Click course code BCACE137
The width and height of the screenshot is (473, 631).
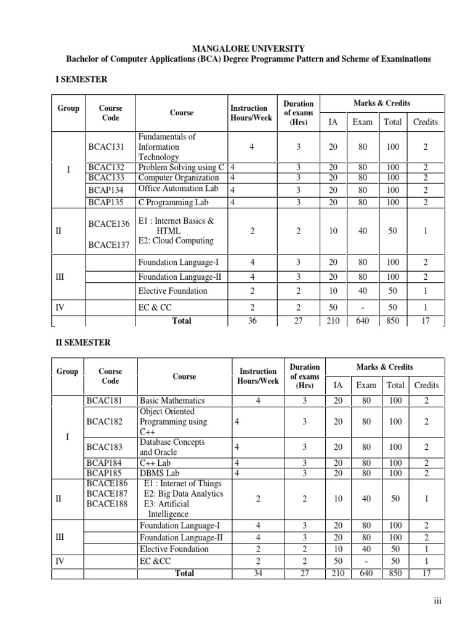click(109, 245)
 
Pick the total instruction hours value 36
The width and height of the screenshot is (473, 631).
click(253, 320)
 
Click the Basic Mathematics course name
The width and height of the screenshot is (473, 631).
click(172, 401)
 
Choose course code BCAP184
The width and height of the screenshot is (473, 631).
click(105, 463)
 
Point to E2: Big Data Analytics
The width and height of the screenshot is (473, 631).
click(183, 494)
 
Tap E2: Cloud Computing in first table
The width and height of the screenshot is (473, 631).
click(176, 241)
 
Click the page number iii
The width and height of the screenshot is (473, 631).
click(438, 601)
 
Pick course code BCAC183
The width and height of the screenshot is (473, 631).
click(105, 447)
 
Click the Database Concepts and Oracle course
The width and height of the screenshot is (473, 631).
click(172, 447)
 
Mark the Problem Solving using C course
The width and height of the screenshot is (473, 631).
click(182, 168)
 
